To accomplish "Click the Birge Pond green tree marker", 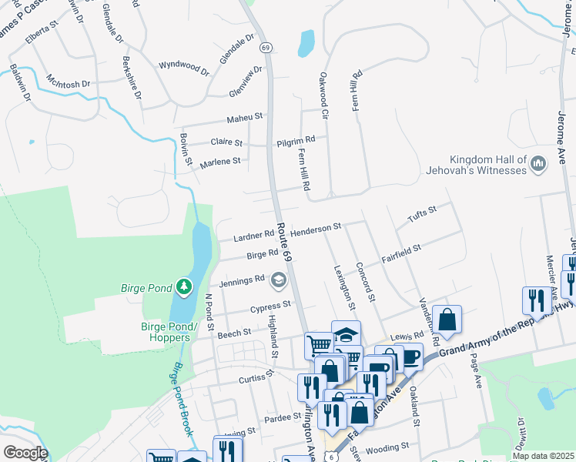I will point(183,287).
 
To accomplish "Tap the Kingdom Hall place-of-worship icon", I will point(538,163).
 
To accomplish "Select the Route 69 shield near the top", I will point(266,48).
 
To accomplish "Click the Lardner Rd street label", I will point(249,234).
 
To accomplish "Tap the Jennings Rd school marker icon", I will point(278,282).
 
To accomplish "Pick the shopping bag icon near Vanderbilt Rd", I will point(447,320).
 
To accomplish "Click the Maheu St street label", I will point(245,118).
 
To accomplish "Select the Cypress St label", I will point(270,306).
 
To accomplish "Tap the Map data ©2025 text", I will point(542,456).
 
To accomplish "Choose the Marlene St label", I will point(220,162).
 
